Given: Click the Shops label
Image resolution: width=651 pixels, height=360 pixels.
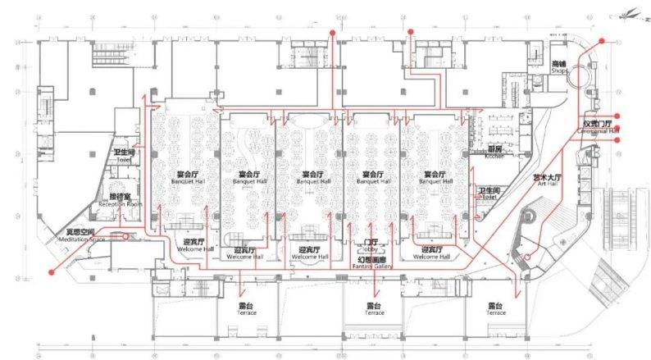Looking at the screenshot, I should (559, 67).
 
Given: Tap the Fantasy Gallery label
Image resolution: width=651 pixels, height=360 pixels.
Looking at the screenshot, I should (372, 261).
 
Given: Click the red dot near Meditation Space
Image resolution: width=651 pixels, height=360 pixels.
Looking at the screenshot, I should (52, 271).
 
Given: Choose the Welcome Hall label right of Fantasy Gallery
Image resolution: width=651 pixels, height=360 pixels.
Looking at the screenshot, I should (431, 253).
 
